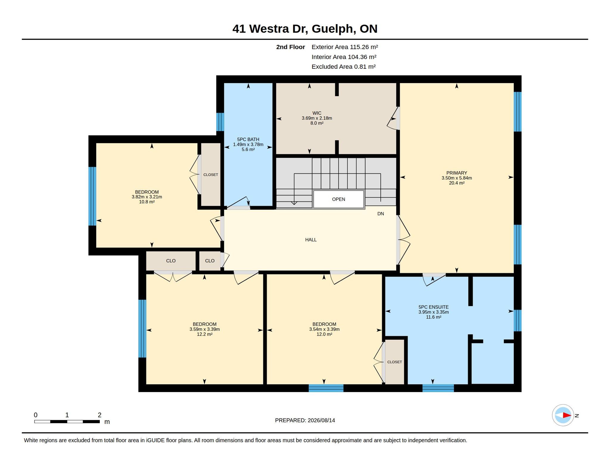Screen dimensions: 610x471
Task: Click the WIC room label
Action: (x=317, y=113)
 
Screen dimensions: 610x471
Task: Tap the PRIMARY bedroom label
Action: (x=457, y=173)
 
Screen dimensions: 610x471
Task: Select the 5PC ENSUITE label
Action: (x=433, y=307)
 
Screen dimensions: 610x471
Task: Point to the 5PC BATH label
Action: (x=248, y=139)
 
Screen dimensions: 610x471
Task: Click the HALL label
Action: (x=311, y=240)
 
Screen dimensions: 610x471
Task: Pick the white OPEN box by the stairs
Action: (x=339, y=199)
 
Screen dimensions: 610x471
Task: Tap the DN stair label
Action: (x=381, y=214)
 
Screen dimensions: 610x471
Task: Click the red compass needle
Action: (x=567, y=415)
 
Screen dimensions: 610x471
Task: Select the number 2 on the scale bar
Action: (x=99, y=415)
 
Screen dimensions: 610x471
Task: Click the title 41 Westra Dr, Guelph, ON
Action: (x=305, y=29)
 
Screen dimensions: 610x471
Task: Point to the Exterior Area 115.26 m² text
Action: (x=345, y=47)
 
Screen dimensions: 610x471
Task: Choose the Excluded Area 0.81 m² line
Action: (x=343, y=67)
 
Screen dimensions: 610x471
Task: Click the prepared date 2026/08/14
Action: (x=321, y=420)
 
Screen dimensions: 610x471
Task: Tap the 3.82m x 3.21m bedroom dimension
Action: (x=147, y=197)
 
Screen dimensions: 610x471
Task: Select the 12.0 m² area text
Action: (x=324, y=334)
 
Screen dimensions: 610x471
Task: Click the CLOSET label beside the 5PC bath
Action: (x=211, y=175)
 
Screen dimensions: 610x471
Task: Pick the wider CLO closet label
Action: (x=171, y=261)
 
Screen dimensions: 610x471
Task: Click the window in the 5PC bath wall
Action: (x=220, y=122)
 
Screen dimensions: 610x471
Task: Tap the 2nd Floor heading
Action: (x=290, y=47)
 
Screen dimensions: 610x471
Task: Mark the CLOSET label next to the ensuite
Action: (x=394, y=362)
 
